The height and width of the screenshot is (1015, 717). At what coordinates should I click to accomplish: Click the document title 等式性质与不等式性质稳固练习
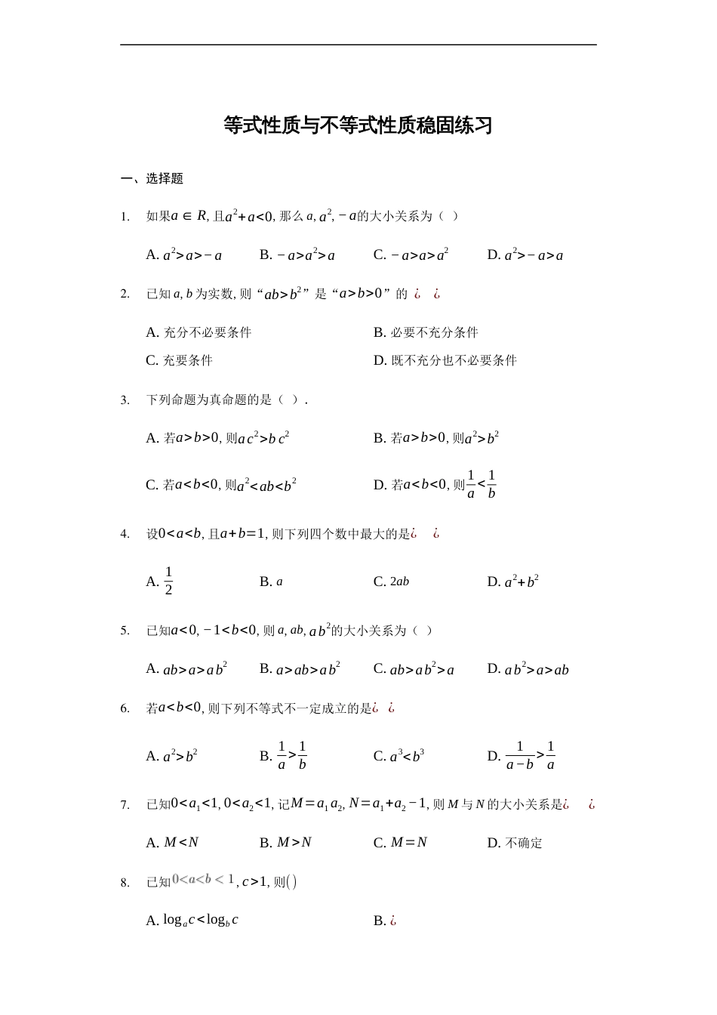(x=358, y=125)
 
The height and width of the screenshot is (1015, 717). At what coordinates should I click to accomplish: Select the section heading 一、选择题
(x=152, y=179)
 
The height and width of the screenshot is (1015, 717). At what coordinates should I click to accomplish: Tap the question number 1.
(x=125, y=217)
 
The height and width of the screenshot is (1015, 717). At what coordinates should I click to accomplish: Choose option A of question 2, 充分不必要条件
(x=198, y=332)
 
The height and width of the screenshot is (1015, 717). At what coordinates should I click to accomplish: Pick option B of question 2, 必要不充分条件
(x=426, y=332)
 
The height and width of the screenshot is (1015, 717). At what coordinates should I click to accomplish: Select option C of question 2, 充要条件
(x=179, y=360)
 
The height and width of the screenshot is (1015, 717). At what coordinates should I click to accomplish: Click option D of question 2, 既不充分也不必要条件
(x=445, y=360)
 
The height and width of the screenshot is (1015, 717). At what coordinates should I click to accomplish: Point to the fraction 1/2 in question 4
(x=168, y=581)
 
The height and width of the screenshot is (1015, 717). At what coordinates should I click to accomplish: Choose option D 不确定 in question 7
(x=515, y=843)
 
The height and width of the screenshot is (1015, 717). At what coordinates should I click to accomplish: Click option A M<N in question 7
(x=173, y=843)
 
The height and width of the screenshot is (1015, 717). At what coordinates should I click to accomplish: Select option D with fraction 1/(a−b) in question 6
(x=522, y=755)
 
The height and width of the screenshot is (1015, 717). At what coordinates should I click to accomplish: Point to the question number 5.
(x=125, y=631)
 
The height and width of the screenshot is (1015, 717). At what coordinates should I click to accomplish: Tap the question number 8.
(x=125, y=882)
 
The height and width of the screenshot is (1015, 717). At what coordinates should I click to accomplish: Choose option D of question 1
(x=525, y=255)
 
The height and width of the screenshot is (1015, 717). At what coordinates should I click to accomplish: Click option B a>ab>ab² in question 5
(x=300, y=669)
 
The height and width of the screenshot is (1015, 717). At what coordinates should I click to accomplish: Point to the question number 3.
(x=125, y=400)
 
